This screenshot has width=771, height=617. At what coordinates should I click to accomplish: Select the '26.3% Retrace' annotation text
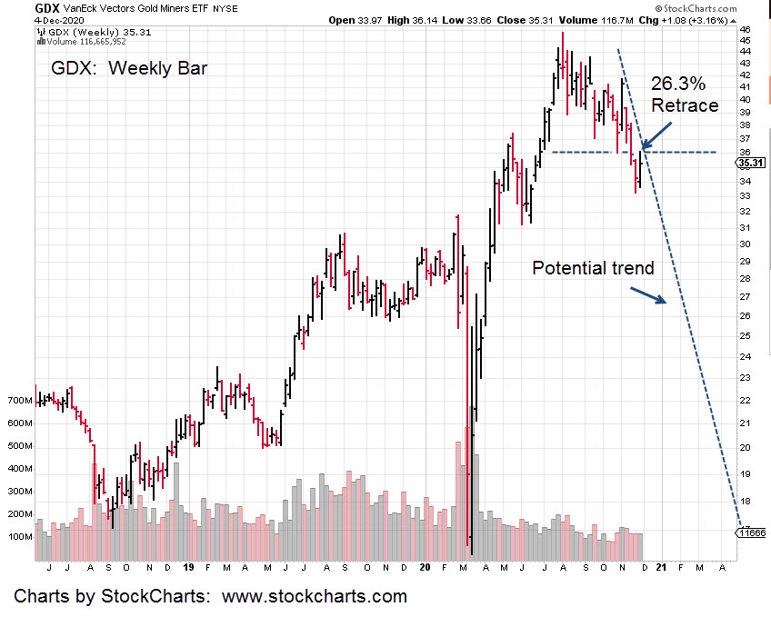(684, 94)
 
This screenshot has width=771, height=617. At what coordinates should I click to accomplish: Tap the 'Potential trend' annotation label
(592, 268)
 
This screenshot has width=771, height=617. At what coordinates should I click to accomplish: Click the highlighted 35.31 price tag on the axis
(751, 164)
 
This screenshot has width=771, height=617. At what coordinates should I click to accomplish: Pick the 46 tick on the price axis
(746, 29)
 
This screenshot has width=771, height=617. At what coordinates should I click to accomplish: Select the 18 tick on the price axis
(746, 501)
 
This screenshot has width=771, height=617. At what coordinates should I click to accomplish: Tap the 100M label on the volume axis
(19, 536)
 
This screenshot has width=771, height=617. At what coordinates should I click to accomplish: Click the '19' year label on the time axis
(187, 567)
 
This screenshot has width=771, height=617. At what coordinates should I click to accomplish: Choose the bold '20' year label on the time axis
(425, 567)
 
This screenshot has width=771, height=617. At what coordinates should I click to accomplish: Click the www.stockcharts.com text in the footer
(318, 597)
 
